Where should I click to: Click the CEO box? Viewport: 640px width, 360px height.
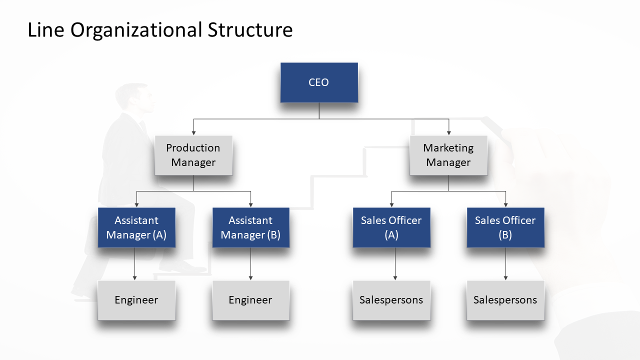point(319,82)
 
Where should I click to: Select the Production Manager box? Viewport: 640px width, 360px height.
point(193,155)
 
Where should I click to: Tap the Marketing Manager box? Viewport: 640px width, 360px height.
point(448,155)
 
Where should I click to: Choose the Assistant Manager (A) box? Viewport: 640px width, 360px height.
point(136,227)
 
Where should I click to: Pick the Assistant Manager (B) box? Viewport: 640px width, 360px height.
point(250,227)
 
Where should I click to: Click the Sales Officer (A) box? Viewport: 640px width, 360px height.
point(391,227)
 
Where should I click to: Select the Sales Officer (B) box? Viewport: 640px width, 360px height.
point(505,227)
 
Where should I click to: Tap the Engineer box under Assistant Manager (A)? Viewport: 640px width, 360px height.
point(136,300)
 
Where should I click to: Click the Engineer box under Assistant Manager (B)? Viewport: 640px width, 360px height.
point(250,300)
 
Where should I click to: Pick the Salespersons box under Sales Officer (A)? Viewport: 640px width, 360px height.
point(391,300)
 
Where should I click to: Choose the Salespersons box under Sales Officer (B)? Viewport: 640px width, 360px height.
point(505,300)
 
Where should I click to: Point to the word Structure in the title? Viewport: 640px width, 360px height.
point(250,30)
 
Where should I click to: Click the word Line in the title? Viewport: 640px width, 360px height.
point(45,30)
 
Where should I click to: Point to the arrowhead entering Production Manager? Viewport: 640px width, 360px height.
point(193,133)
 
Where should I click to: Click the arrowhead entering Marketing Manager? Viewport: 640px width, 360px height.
point(448,133)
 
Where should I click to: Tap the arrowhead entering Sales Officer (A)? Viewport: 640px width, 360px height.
point(391,205)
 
